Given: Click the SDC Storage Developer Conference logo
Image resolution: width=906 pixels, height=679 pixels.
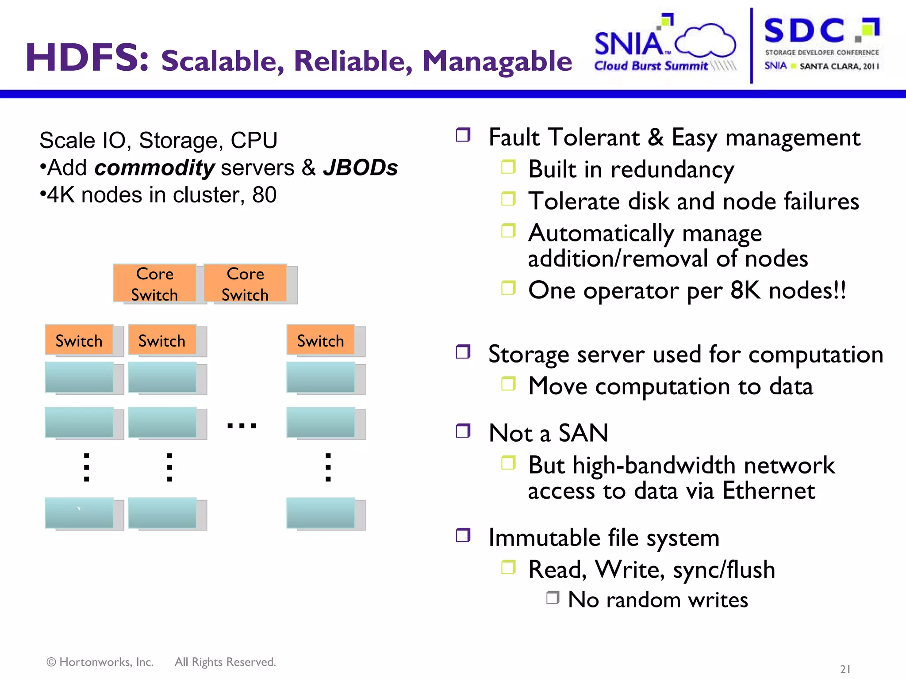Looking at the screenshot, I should [x=822, y=44].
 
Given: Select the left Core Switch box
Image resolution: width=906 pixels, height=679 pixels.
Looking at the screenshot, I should [x=155, y=284].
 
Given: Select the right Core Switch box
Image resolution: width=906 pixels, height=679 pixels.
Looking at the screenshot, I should [x=245, y=284].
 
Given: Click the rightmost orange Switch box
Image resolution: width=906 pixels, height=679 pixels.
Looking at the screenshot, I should [x=321, y=340].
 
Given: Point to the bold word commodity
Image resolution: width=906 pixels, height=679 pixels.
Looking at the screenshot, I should [x=155, y=168].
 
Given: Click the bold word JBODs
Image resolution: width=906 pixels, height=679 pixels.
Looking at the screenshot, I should [x=360, y=168].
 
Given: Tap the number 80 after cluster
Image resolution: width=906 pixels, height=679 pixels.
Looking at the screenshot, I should [x=264, y=195].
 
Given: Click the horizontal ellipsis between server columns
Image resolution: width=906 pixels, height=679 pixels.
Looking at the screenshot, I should [x=242, y=426].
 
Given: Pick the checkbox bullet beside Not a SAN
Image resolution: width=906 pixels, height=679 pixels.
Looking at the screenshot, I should [x=463, y=430].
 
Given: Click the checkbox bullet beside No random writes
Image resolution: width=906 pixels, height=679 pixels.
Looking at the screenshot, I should [x=553, y=598].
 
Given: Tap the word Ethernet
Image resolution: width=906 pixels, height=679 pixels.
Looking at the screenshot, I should [x=768, y=491].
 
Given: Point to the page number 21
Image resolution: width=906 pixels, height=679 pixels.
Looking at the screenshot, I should [x=845, y=669].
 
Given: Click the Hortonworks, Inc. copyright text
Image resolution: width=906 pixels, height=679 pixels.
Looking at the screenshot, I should [x=100, y=662].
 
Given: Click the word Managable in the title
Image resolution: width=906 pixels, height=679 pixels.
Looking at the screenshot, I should [x=497, y=61].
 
